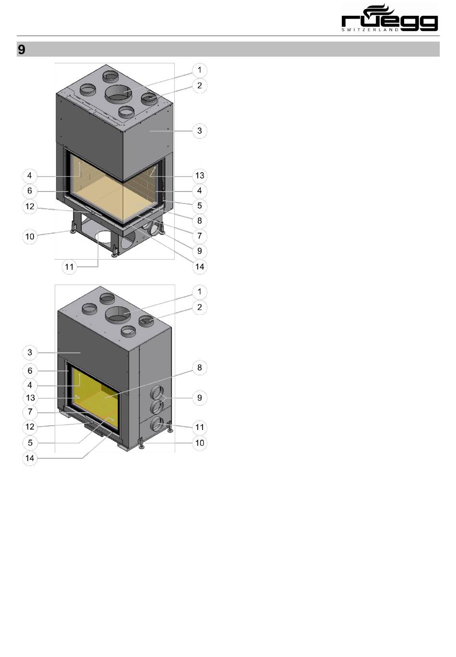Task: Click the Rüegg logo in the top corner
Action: point(389,18)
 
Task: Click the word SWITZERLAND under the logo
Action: point(370,30)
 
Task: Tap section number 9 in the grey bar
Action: point(22,49)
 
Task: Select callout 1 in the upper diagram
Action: point(200,70)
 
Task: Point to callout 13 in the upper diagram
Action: point(200,176)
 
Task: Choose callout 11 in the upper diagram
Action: point(69,267)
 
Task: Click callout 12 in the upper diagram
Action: point(30,206)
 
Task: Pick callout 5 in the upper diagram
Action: point(200,205)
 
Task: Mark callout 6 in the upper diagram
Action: point(30,191)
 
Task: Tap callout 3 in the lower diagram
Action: point(30,352)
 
